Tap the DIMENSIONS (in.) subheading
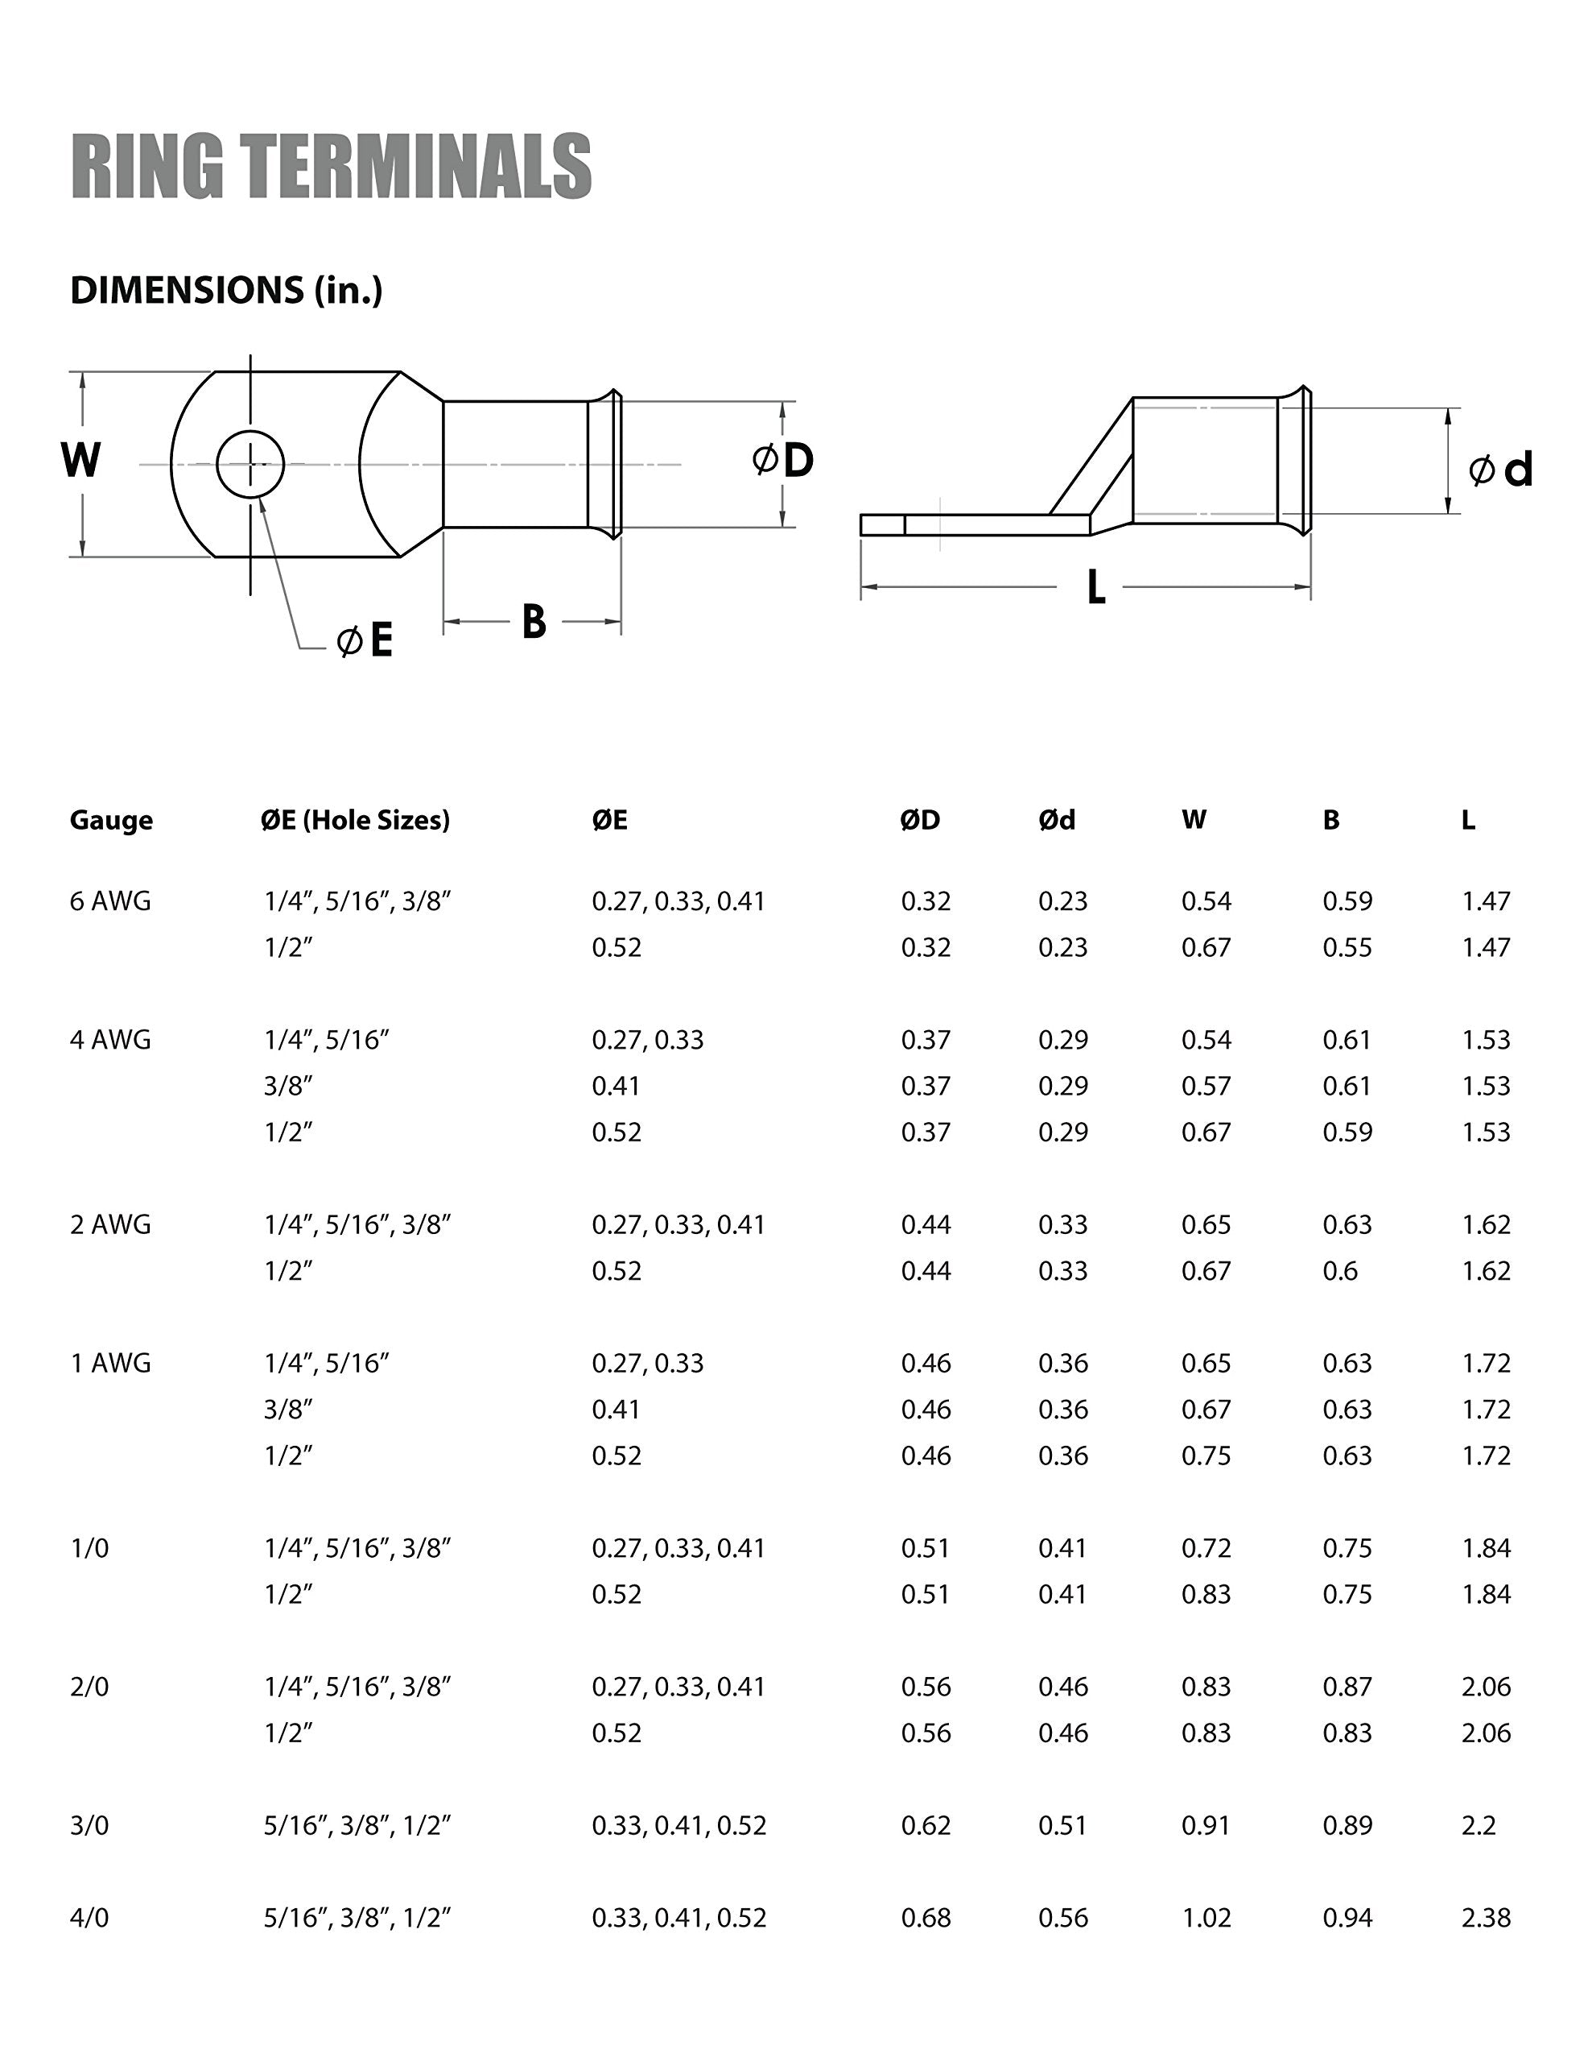226,290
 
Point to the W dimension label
81,461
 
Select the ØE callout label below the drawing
366,641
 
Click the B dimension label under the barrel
533,622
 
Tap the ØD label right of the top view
783,461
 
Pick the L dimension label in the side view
1095,588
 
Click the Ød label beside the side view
1500,470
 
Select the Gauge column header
111,819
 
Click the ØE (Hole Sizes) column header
356,819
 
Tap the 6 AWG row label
110,901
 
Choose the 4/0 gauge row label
89,1918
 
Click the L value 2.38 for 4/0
1486,1918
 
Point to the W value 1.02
1206,1918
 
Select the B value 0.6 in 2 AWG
1340,1271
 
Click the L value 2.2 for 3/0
1479,1825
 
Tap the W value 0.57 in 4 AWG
1206,1086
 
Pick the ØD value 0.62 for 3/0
926,1825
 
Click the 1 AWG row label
110,1364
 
